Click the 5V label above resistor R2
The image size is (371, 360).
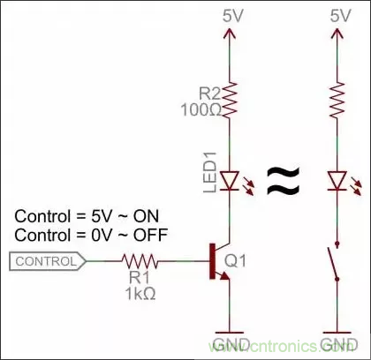tap(231, 16)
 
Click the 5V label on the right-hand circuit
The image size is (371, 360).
tap(339, 16)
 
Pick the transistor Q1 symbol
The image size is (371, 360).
tap(221, 261)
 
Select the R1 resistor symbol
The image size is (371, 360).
tap(141, 261)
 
